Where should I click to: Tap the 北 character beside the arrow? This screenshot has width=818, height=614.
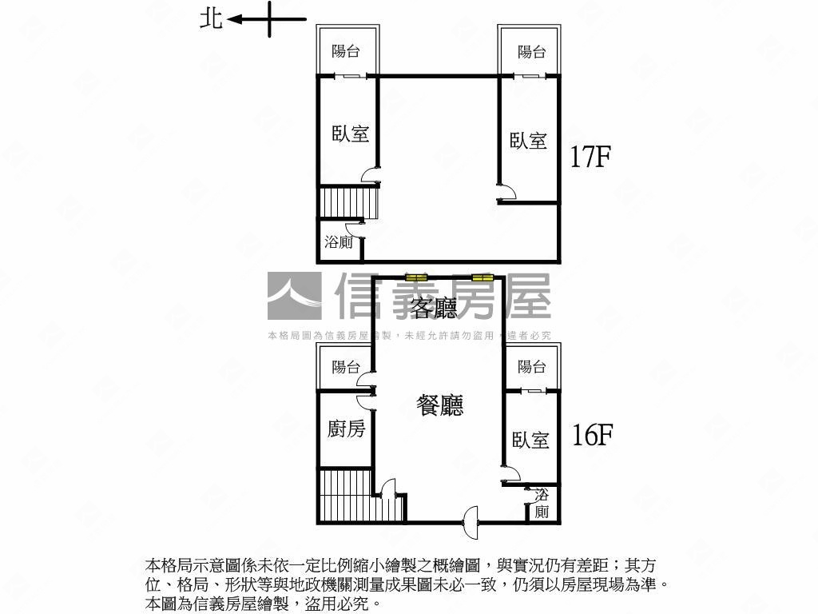[211, 19]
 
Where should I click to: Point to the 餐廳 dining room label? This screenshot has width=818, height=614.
[439, 406]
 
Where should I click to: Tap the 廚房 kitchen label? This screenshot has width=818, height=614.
[346, 429]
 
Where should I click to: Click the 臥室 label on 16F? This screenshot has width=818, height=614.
[530, 440]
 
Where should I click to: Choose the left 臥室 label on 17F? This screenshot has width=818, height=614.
[351, 134]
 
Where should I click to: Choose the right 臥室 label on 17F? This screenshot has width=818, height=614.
[529, 141]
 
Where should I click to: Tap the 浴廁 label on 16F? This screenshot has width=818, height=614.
[542, 504]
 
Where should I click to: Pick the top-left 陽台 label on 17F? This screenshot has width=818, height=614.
[346, 51]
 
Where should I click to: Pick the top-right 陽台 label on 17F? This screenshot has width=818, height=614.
[531, 52]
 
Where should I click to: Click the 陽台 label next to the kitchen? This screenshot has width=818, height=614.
[346, 367]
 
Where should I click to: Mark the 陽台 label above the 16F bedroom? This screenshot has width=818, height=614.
[531, 367]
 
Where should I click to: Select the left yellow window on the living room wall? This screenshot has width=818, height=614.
[416, 277]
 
